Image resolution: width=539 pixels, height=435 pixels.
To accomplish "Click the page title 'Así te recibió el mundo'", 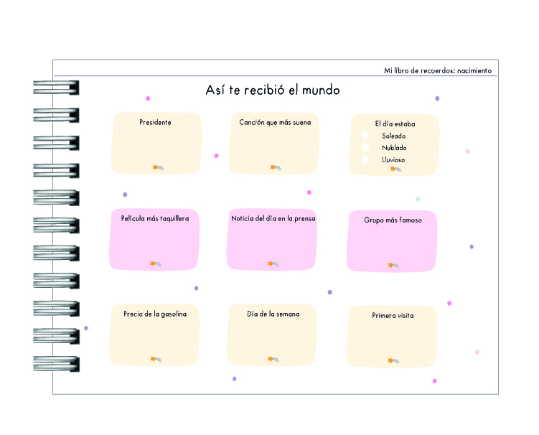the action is (x=273, y=90).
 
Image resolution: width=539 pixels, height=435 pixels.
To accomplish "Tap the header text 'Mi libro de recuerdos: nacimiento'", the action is (x=438, y=70).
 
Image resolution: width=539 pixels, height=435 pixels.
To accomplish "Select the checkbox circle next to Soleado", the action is (x=365, y=136).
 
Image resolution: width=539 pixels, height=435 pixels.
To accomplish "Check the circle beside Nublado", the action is (x=365, y=148).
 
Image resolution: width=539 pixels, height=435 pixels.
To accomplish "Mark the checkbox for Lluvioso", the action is (x=365, y=159).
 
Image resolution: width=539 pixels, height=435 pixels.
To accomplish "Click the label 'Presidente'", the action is (x=155, y=123).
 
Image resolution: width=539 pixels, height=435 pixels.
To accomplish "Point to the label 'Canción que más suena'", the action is (x=275, y=123).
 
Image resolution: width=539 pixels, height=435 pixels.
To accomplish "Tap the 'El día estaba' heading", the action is (x=395, y=123).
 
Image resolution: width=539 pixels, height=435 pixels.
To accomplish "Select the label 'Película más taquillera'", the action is (x=155, y=219).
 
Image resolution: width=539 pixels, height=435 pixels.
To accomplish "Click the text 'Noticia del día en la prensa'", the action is (x=273, y=219).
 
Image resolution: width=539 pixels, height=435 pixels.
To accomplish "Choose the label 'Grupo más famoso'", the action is (x=393, y=220).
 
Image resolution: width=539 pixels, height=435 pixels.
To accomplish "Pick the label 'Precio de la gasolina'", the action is (x=155, y=314).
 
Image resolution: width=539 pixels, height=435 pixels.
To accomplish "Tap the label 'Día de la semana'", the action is (x=273, y=314).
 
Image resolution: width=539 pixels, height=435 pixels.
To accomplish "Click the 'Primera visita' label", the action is (x=393, y=315).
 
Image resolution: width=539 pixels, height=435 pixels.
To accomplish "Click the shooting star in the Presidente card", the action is (x=158, y=167).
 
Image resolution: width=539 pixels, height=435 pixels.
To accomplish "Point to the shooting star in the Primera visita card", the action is (x=393, y=361).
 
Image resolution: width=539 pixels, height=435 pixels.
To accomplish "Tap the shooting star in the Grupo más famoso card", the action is (x=393, y=265).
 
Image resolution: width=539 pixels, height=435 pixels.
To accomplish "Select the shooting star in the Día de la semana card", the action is (x=273, y=360).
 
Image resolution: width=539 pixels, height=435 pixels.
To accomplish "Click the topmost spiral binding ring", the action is (x=56, y=88).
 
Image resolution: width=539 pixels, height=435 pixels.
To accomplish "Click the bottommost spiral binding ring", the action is (x=56, y=364).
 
